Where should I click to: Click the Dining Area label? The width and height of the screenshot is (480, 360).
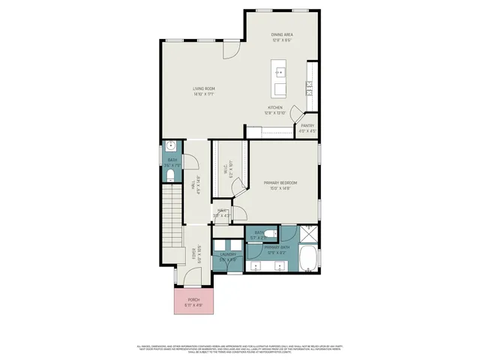point(281,34)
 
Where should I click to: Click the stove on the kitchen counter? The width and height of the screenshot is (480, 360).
point(309,88)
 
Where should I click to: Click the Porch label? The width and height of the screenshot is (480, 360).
point(194,301)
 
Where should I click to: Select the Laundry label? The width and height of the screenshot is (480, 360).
point(228,256)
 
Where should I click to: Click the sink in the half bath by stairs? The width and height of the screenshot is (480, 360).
point(171,146)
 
